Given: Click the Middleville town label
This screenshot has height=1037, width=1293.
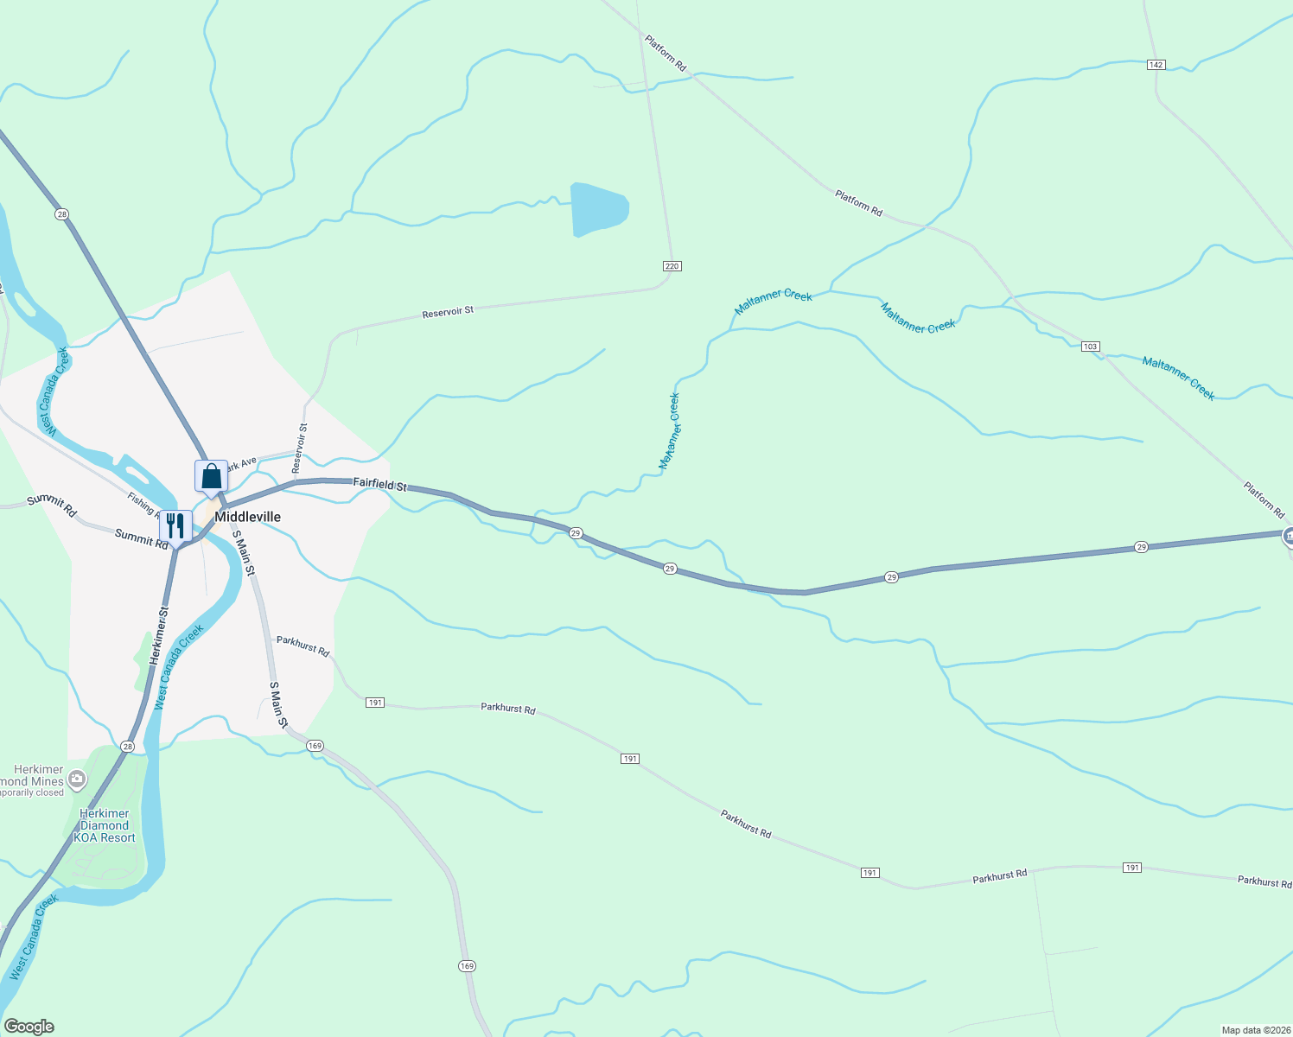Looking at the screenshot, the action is pyautogui.click(x=247, y=517).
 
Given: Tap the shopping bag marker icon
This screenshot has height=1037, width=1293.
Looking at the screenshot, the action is pyautogui.click(x=211, y=476).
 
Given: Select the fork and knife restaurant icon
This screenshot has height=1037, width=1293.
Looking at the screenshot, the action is pyautogui.click(x=175, y=526).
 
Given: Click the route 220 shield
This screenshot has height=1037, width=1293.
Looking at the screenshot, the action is pyautogui.click(x=672, y=266).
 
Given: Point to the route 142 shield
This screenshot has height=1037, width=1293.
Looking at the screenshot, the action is pyautogui.click(x=1156, y=65).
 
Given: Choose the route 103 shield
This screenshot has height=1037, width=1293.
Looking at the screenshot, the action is pyautogui.click(x=1090, y=347).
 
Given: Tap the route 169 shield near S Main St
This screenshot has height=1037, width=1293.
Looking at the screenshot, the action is pyautogui.click(x=315, y=746).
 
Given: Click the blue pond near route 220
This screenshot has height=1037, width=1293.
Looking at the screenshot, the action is pyautogui.click(x=597, y=208).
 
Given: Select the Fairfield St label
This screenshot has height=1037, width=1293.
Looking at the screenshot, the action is pyautogui.click(x=379, y=485).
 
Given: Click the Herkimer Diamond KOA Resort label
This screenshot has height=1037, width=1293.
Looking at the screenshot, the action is pyautogui.click(x=105, y=825).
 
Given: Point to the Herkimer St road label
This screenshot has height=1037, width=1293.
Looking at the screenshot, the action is pyautogui.click(x=157, y=635).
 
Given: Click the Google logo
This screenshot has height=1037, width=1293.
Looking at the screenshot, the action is pyautogui.click(x=29, y=1027).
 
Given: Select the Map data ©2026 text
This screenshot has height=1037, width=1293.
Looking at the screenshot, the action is pyautogui.click(x=1256, y=1030).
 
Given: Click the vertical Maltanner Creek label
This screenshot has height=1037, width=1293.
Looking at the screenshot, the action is pyautogui.click(x=669, y=431).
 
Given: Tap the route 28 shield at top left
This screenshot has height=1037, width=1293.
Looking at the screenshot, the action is pyautogui.click(x=61, y=213).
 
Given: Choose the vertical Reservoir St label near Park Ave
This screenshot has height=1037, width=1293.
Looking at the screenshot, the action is pyautogui.click(x=299, y=448).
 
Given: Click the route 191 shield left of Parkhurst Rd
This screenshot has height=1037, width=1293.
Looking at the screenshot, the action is pyautogui.click(x=374, y=703).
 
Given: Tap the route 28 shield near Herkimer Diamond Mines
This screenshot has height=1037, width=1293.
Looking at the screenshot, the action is pyautogui.click(x=128, y=746).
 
